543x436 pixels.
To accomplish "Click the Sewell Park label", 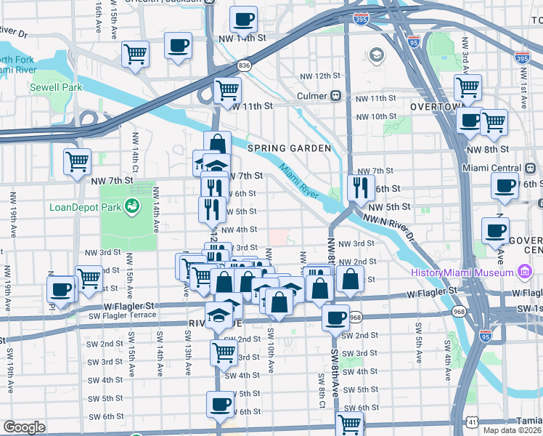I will pyautogui.click(x=56, y=87).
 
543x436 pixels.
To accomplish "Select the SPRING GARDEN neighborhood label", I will pyautogui.click(x=290, y=148).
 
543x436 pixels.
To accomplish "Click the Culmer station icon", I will pyautogui.click(x=336, y=96).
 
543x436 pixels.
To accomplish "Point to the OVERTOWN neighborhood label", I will pyautogui.click(x=436, y=106).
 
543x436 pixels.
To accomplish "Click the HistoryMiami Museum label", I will pyautogui.click(x=462, y=272).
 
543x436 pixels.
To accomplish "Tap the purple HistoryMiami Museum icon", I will pyautogui.click(x=523, y=272).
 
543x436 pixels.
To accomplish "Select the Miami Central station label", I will pyautogui.click(x=491, y=169).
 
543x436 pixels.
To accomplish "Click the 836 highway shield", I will pyautogui.click(x=246, y=65).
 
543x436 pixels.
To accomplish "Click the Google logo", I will pyautogui.click(x=24, y=427).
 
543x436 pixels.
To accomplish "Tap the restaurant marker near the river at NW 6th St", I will pyautogui.click(x=360, y=188).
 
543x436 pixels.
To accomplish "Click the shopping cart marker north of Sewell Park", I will pyautogui.click(x=135, y=54).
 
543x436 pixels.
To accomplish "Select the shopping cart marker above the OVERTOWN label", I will pyautogui.click(x=468, y=88).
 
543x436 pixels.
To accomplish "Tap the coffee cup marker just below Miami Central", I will pyautogui.click(x=504, y=185).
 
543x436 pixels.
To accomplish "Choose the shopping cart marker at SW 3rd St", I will pyautogui.click(x=224, y=352).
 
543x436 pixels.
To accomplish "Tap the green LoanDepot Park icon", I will pyautogui.click(x=132, y=207).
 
